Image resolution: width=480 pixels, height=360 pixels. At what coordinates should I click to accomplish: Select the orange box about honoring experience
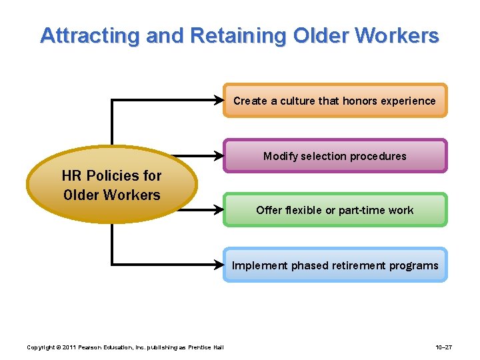[335, 101]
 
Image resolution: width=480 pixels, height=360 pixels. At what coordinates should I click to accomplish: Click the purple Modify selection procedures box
[335, 156]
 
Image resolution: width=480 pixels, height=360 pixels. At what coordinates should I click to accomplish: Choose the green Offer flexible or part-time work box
[335, 210]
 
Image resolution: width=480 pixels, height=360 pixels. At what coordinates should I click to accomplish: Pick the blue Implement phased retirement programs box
[335, 265]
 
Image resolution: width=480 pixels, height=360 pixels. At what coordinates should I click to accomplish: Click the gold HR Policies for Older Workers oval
[112, 185]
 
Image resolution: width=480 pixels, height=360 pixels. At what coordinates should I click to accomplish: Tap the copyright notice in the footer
[125, 347]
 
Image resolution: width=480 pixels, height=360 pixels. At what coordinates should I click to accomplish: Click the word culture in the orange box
[297, 101]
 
